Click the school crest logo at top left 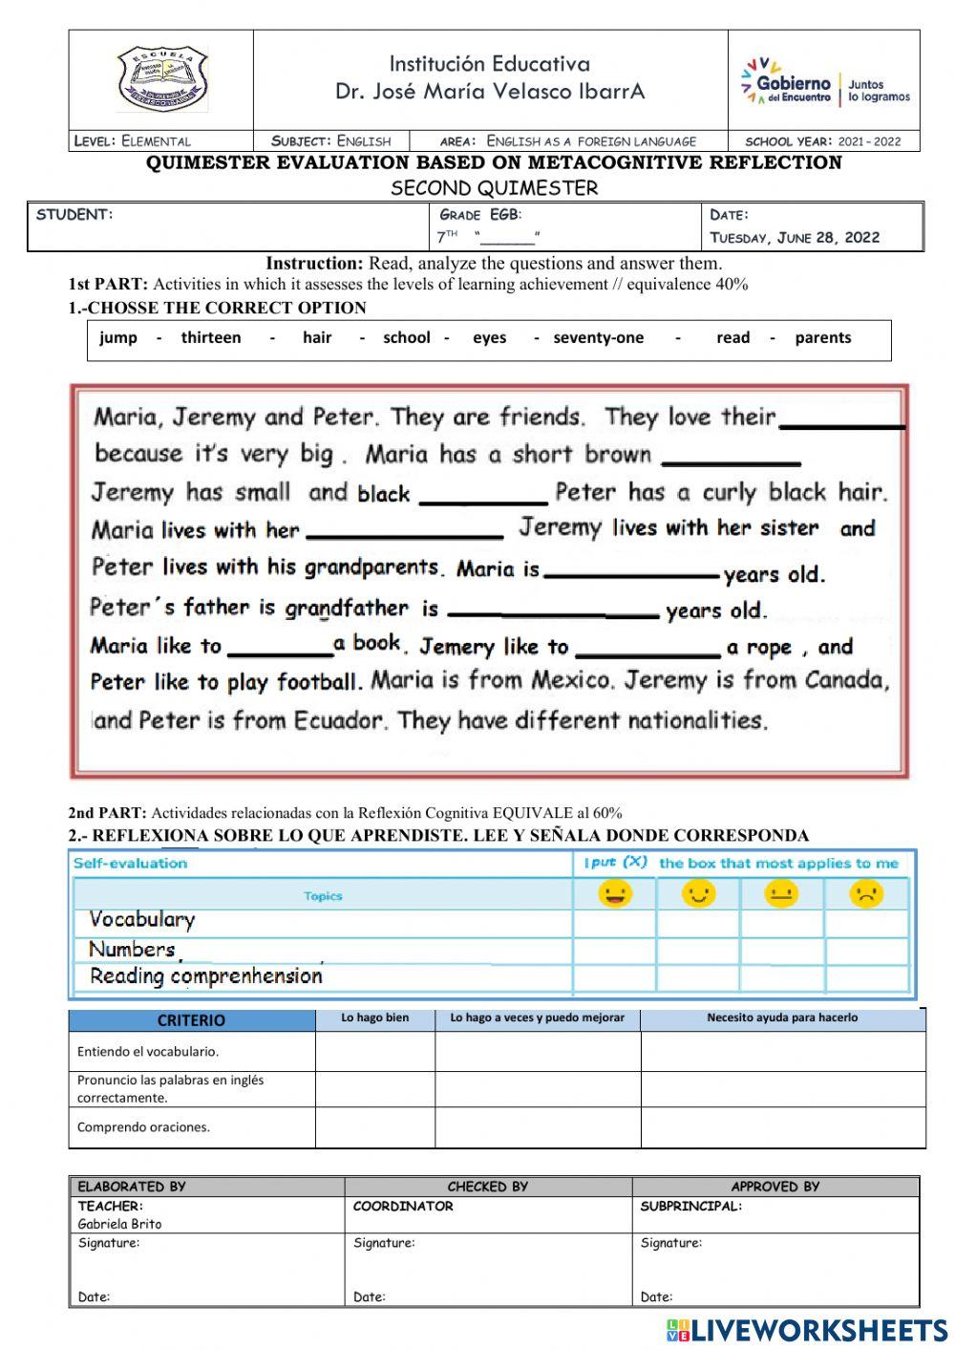tap(161, 80)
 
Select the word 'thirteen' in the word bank tap(211, 337)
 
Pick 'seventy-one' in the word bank tap(599, 337)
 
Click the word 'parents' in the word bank tap(822, 337)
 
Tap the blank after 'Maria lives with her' tap(405, 531)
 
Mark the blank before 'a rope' tap(647, 650)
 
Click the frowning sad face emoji tap(865, 894)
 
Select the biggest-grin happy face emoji tap(614, 894)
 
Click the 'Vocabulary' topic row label tap(141, 919)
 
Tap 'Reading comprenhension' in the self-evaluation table tap(205, 976)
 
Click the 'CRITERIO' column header tap(191, 1020)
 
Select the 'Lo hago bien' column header tap(374, 1018)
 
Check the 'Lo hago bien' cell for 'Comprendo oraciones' tap(374, 1127)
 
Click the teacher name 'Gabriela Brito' tap(119, 1224)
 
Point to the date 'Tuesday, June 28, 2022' tap(795, 238)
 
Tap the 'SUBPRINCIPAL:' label tap(690, 1207)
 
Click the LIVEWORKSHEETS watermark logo tap(807, 1330)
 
